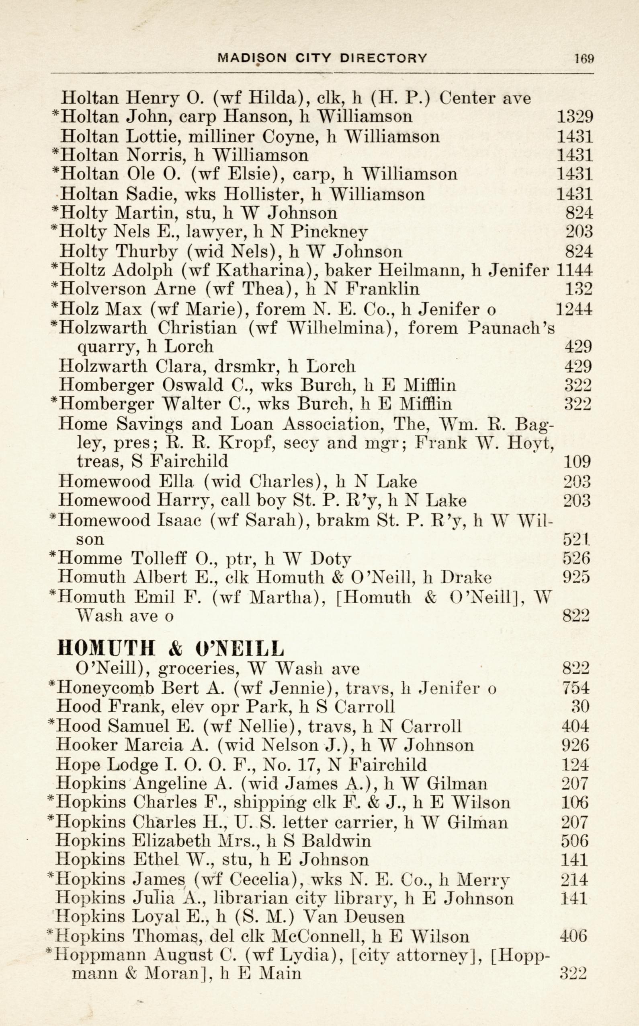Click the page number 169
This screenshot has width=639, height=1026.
(584, 58)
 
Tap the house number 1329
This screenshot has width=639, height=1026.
(575, 116)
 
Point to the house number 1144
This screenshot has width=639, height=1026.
(575, 270)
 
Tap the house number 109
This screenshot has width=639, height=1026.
(577, 461)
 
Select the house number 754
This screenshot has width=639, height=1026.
(576, 688)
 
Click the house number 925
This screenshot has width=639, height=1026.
(576, 577)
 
